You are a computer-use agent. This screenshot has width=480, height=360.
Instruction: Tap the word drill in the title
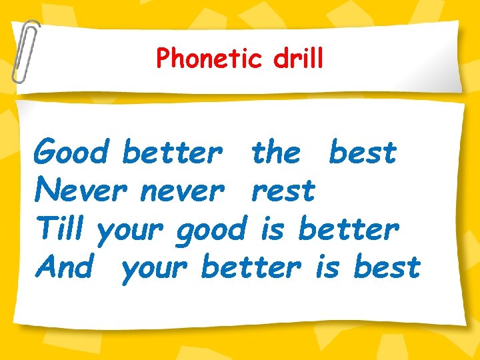pos(298,59)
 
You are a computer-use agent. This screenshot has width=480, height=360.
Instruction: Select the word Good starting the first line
pos(71,153)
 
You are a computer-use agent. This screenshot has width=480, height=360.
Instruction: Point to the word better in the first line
pos(172,153)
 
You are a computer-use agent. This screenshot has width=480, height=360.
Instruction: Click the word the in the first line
pos(276,153)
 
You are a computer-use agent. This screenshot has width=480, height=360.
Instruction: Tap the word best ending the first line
pos(363,153)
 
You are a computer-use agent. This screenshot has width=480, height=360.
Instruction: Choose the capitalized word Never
pos(81,191)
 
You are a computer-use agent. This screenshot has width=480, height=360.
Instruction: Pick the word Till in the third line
pos(60,229)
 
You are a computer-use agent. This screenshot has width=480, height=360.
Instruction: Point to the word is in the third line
pos(272,229)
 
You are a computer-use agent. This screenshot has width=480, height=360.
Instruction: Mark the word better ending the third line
pos(349,229)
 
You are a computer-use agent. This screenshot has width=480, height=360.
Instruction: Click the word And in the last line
pos(65,267)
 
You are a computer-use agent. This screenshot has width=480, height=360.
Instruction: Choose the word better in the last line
pos(251,267)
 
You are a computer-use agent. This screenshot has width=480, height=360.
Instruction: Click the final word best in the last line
pos(387,267)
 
